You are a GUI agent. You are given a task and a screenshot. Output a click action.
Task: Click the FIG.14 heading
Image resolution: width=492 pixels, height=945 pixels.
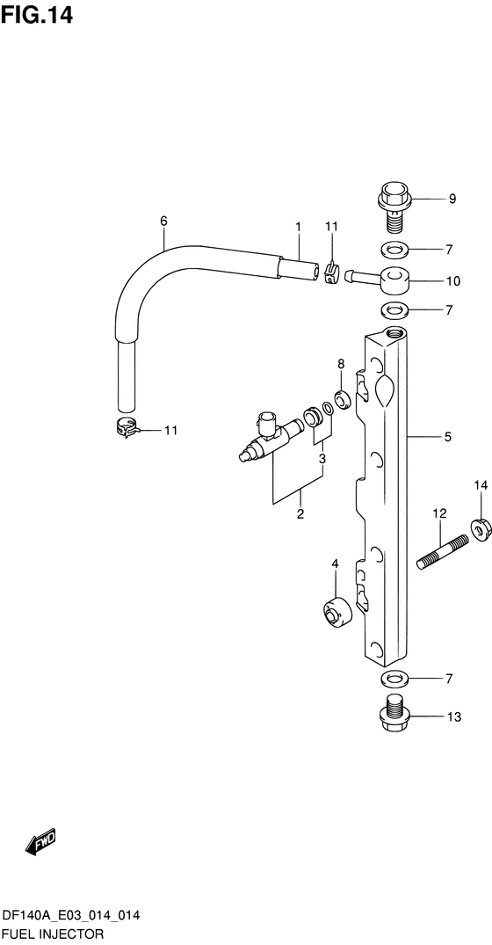click(37, 14)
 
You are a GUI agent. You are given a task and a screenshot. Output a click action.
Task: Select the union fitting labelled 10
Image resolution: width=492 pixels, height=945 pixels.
click(378, 279)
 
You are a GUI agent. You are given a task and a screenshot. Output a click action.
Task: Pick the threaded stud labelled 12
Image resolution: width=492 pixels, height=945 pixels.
click(443, 552)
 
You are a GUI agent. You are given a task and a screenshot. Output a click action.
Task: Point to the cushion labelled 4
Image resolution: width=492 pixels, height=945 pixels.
click(336, 613)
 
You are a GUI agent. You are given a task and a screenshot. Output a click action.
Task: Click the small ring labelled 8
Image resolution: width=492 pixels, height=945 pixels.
click(344, 399)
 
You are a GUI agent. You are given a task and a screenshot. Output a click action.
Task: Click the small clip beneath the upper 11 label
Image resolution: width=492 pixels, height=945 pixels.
click(330, 273)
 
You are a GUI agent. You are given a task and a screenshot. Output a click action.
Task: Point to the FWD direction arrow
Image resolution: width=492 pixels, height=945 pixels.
click(40, 840)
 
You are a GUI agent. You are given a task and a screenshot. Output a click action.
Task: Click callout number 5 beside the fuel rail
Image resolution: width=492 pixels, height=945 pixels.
click(447, 437)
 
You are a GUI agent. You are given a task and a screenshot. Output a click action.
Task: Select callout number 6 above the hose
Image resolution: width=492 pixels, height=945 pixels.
click(163, 222)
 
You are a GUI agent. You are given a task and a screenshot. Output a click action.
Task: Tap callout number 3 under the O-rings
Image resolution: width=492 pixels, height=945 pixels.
click(322, 459)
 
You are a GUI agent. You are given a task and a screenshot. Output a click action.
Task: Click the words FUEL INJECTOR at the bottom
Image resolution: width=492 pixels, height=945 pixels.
click(53, 935)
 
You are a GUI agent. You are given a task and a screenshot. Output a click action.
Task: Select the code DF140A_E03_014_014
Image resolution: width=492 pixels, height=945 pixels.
click(72, 917)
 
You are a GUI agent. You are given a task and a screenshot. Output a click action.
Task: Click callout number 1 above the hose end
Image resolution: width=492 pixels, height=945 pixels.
click(298, 227)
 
